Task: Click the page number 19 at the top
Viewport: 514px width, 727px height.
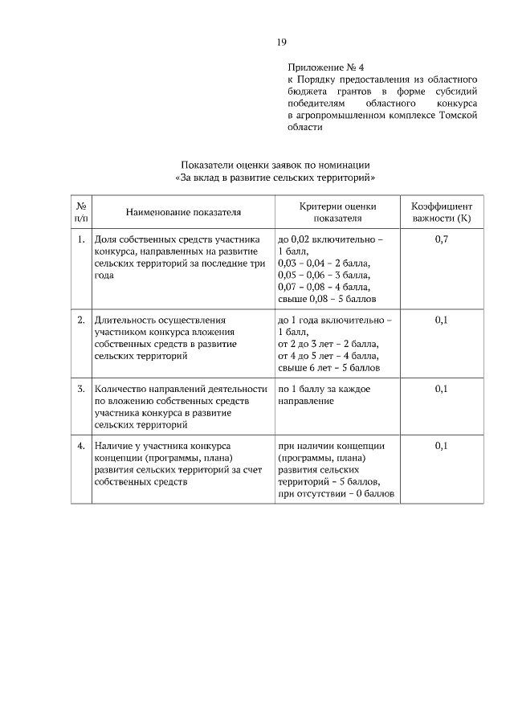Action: point(282,43)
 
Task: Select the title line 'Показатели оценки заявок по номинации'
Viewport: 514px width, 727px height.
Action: point(275,165)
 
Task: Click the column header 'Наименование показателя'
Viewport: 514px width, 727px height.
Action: point(183,212)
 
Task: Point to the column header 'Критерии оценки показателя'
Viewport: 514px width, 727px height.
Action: point(337,212)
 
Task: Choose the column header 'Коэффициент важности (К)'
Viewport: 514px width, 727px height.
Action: point(441,212)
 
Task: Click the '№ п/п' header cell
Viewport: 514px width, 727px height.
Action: point(81,212)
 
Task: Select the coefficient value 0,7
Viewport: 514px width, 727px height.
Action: point(441,240)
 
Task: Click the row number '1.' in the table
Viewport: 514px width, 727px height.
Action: point(81,240)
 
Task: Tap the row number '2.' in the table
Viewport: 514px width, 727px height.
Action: point(81,320)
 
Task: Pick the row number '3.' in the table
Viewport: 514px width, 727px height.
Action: point(81,389)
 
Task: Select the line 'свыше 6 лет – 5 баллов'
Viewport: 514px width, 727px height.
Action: point(328,368)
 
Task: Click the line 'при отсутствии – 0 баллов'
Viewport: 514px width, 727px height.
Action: point(337,494)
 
